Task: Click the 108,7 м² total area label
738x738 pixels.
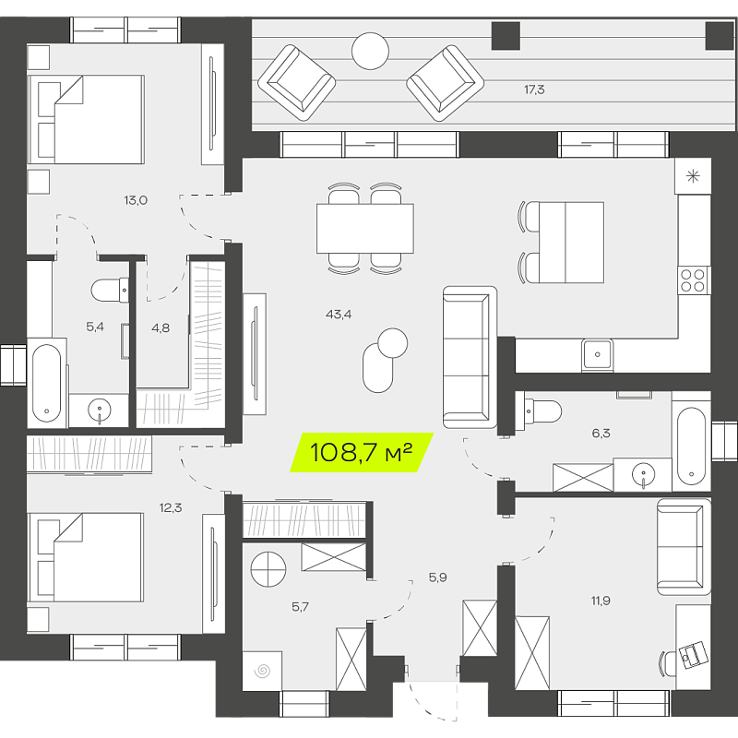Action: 361,452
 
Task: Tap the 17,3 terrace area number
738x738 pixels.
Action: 534,89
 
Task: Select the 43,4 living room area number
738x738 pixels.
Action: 339,315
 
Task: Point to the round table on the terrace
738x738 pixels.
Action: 371,51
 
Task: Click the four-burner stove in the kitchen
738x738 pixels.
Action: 695,280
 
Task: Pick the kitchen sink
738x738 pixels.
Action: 597,354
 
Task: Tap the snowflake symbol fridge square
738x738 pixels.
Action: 693,176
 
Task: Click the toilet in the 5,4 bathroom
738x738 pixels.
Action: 110,290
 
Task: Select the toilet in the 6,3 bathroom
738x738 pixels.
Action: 539,411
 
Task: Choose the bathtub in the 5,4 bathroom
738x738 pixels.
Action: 47,384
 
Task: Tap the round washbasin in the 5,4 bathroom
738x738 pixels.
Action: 100,411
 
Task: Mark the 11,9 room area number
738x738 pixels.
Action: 601,601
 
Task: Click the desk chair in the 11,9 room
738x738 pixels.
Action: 668,662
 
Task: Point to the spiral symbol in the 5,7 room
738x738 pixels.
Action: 262,672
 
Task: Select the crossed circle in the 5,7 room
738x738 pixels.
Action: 268,569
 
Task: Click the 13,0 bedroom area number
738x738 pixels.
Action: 136,200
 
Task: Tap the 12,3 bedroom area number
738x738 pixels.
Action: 171,508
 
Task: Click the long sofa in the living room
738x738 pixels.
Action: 470,357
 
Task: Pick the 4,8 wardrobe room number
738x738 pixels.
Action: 161,328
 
